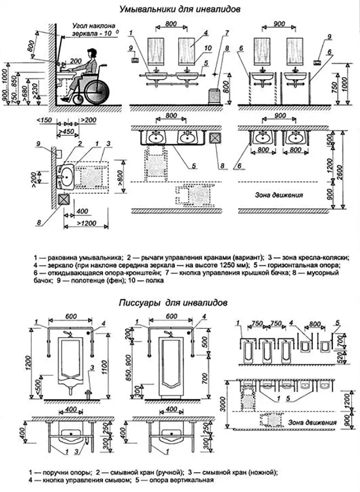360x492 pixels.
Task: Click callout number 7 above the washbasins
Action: [226, 33]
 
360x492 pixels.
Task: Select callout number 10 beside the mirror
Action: [209, 48]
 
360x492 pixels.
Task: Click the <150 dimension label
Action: [45, 120]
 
